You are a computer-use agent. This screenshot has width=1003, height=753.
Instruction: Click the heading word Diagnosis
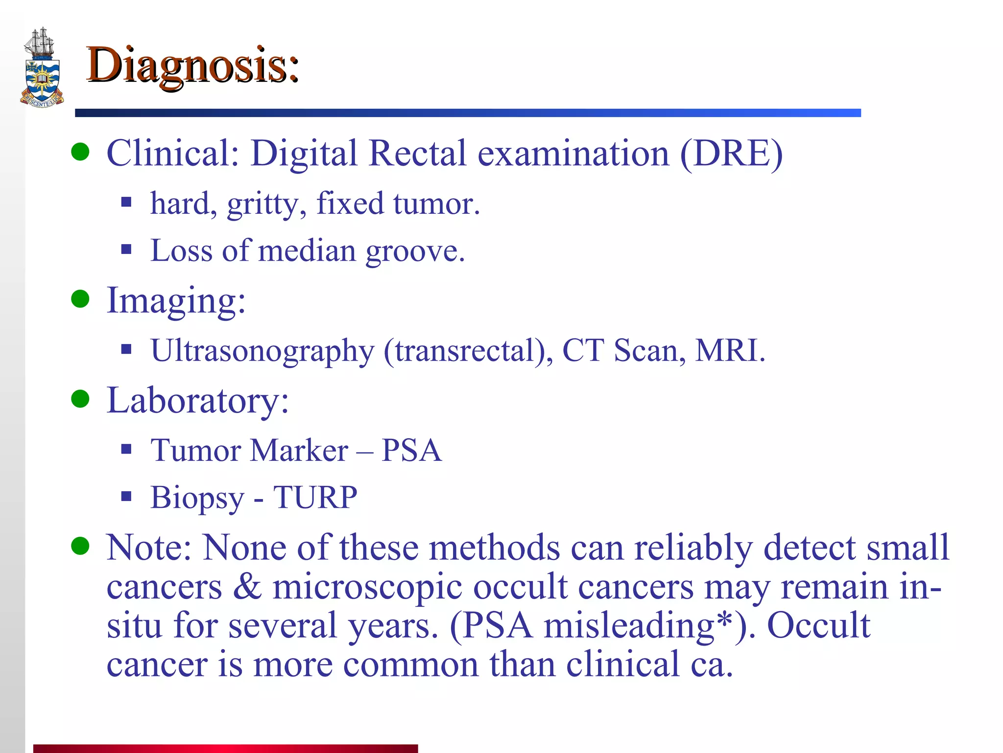coord(192,66)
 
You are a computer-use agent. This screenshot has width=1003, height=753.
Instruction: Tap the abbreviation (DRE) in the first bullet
coord(731,153)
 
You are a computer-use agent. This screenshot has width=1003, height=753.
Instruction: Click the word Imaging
coord(176,301)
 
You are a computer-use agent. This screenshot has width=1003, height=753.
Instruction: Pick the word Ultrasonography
coord(262,351)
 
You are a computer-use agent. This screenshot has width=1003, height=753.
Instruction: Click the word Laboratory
coord(198,401)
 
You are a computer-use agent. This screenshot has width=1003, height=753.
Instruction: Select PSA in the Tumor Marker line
coord(411,450)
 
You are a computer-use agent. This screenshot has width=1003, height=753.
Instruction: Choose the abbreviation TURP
coord(315,498)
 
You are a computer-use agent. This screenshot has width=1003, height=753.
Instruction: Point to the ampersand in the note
coord(247,586)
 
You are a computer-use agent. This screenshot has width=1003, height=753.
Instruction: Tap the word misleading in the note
coord(629,626)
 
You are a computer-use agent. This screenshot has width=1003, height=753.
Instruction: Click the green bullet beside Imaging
coord(80,299)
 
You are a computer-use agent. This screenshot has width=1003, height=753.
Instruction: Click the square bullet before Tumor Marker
coord(126,449)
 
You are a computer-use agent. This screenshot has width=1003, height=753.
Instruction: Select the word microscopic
coord(367,587)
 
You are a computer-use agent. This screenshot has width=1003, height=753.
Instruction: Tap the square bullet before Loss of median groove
coord(126,250)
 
